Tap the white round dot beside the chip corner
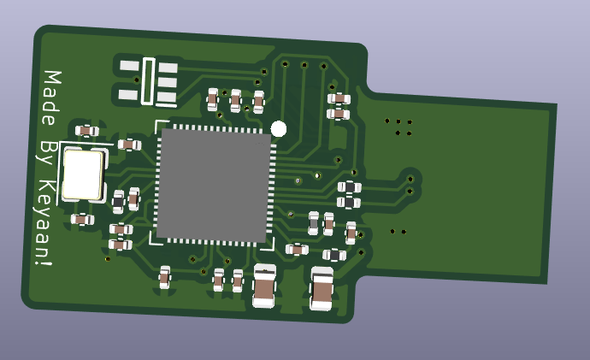pyautogui.click(x=279, y=129)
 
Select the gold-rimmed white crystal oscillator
pyautogui.click(x=83, y=175)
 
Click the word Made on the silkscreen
pyautogui.click(x=51, y=97)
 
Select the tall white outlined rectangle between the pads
pyautogui.click(x=148, y=81)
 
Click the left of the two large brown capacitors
pyautogui.click(x=264, y=286)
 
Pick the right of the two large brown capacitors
pyautogui.click(x=322, y=289)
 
